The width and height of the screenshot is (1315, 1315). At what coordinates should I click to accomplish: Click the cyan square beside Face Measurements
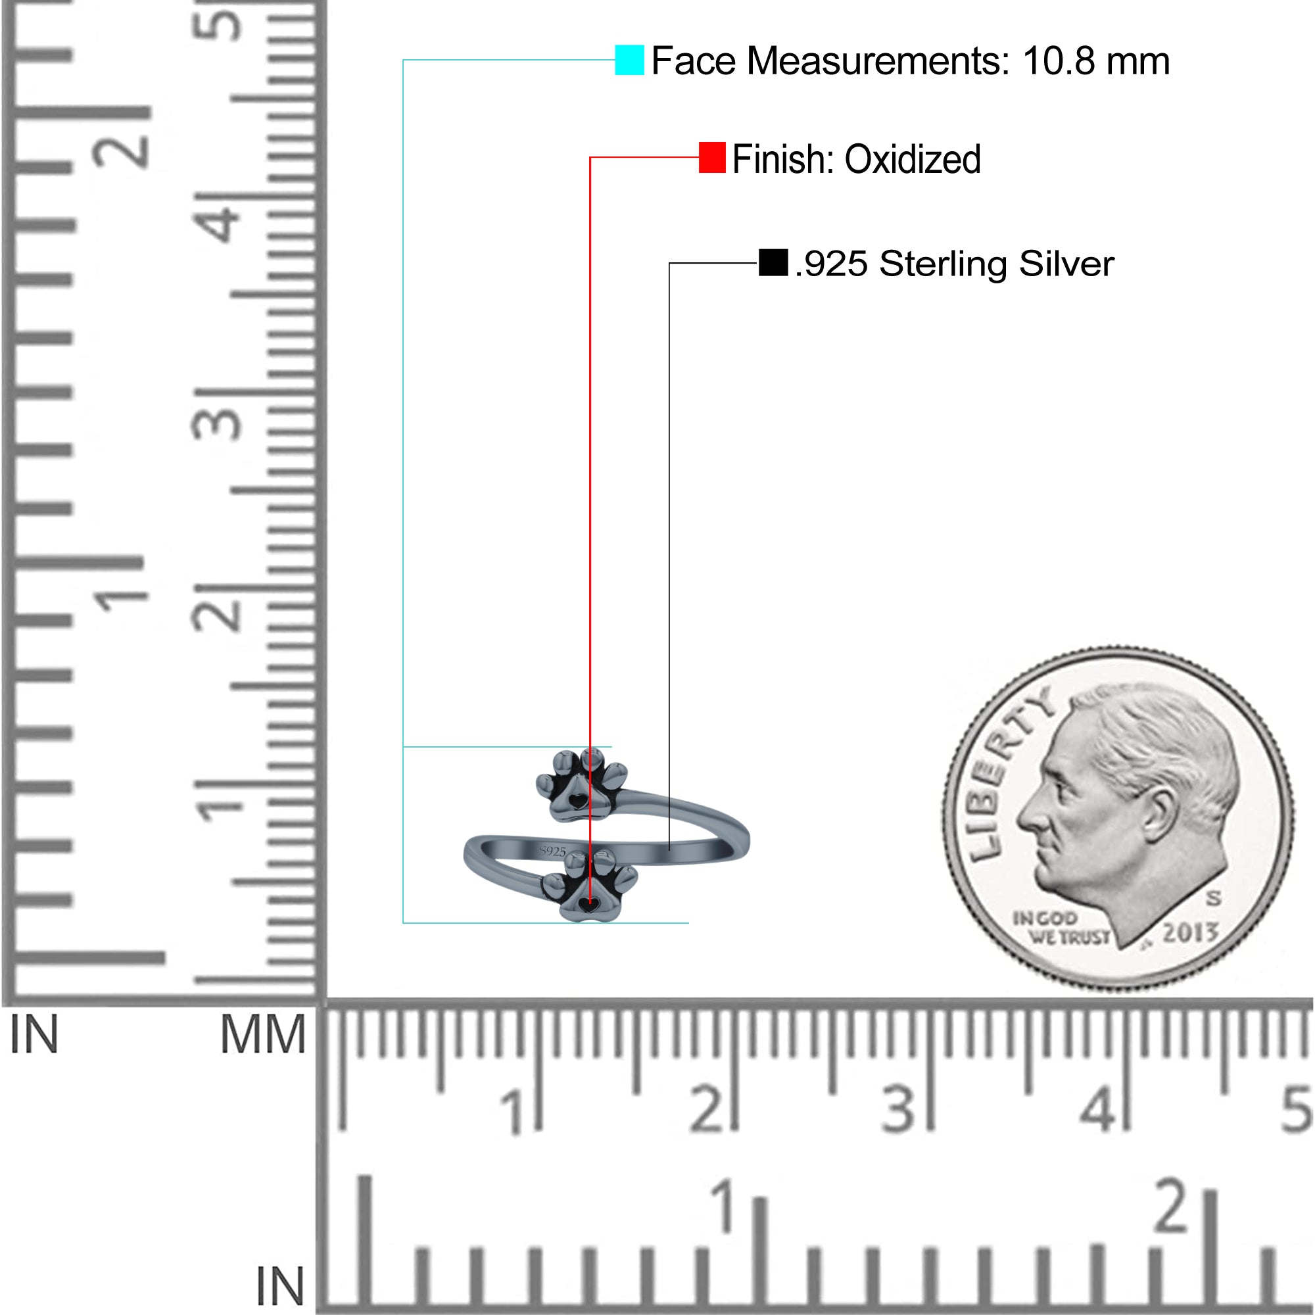click(629, 60)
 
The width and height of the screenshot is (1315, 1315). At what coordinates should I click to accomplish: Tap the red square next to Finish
click(712, 157)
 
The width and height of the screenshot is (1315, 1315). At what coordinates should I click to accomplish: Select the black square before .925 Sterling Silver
click(773, 263)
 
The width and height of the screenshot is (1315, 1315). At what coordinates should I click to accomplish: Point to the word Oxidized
click(912, 159)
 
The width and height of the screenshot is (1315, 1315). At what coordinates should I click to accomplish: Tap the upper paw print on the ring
click(582, 786)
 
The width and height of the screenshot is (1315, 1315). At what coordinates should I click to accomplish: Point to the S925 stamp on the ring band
click(553, 851)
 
